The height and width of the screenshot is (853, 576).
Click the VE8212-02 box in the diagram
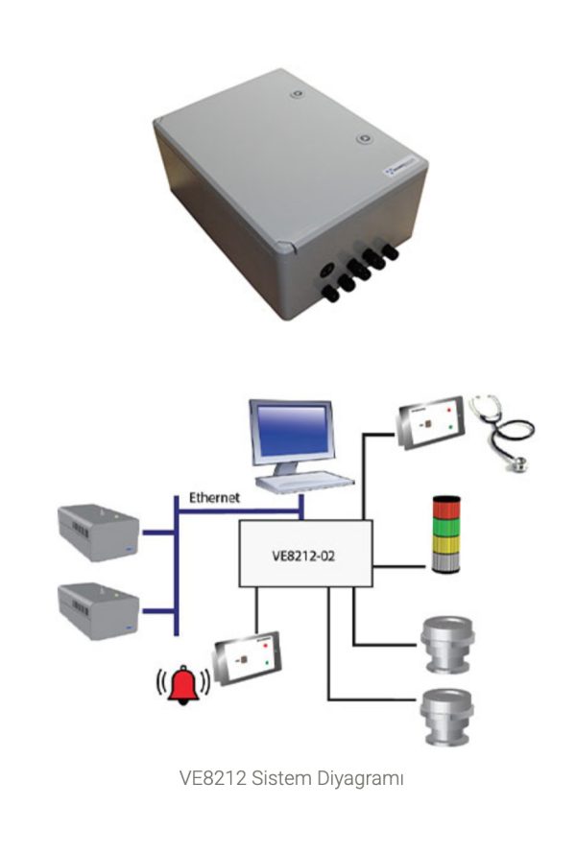click(x=304, y=554)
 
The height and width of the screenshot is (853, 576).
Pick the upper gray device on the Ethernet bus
click(x=98, y=532)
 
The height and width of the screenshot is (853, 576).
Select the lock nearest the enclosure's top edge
click(x=298, y=93)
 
